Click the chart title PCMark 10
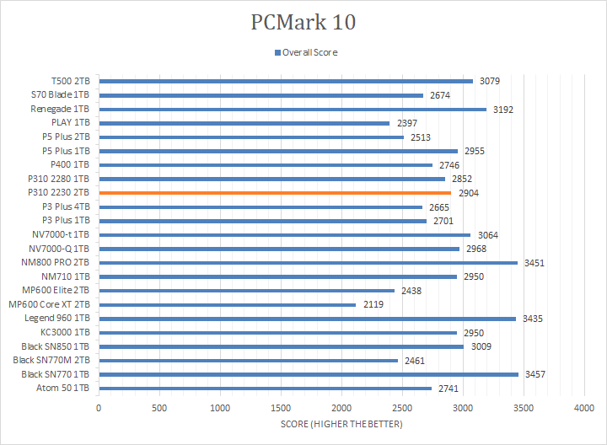point(303,22)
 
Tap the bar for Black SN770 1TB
point(309,374)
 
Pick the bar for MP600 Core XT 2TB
point(227,304)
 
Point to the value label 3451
point(534,263)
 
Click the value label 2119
point(373,304)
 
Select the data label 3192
point(503,110)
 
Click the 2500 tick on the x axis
point(402,407)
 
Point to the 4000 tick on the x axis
point(584,407)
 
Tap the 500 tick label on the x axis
point(159,407)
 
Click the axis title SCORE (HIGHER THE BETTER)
point(341,424)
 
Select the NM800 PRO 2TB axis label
point(56,263)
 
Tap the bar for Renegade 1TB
point(293,110)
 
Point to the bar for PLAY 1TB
point(244,123)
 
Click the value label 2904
point(469,193)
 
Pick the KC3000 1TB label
point(66,332)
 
